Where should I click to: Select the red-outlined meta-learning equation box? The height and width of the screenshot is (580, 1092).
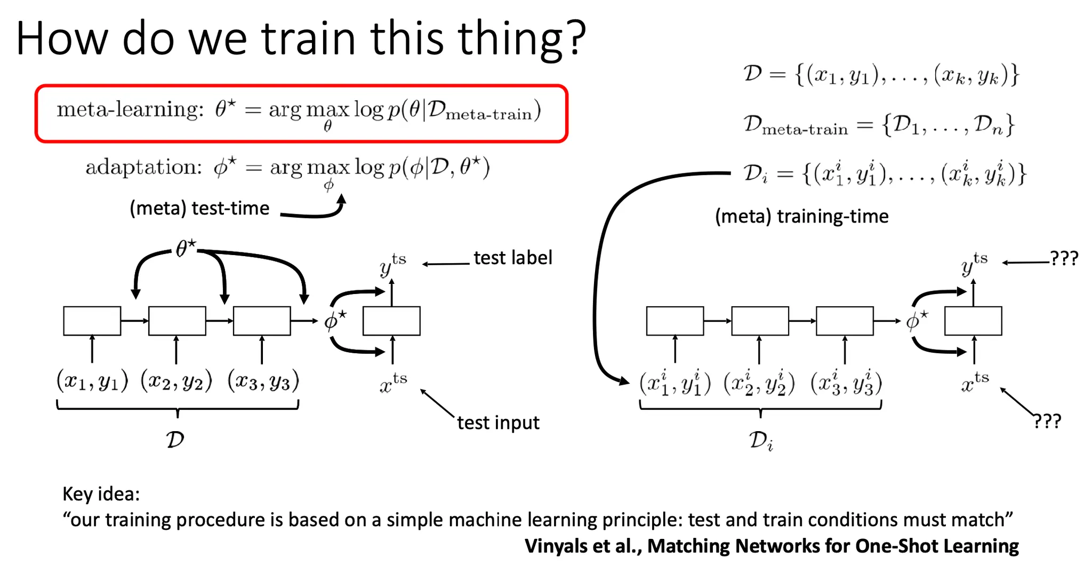coord(301,113)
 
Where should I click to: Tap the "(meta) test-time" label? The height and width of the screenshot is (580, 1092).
coord(199,208)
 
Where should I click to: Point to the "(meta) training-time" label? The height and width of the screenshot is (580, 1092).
coord(801,217)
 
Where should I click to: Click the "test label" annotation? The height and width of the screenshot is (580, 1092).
coord(513,258)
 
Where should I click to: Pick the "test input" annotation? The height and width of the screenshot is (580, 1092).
coord(498,423)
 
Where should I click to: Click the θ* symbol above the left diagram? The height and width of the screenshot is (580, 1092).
coord(186,248)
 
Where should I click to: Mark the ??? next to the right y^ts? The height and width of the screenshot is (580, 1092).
coord(1064,258)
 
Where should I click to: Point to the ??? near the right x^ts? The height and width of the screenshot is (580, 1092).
coord(1047,421)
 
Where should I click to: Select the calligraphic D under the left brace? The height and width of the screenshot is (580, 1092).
coord(175,440)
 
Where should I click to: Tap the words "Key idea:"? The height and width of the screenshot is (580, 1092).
coord(101,494)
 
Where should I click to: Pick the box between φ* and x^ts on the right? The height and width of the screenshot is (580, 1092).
coord(973,321)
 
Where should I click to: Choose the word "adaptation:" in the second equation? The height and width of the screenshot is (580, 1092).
coord(144,168)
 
